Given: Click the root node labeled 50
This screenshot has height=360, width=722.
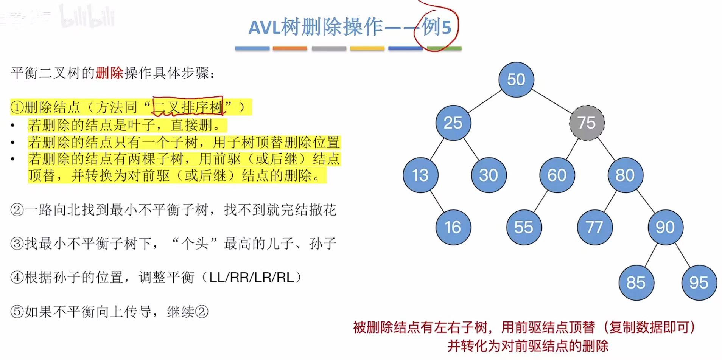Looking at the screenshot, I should click(516, 79).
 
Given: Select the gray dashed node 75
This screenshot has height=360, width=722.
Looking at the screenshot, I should click(587, 123).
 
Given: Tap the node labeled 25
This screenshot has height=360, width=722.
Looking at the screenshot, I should click(453, 123).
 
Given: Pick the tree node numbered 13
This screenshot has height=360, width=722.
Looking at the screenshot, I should click(420, 175).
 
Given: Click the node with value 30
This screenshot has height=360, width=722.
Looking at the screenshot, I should click(488, 175).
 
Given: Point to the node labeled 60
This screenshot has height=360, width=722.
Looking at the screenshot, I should click(557, 175).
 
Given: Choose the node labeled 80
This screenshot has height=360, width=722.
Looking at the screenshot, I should click(625, 175).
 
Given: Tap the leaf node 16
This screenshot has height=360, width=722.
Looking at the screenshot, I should click(453, 227).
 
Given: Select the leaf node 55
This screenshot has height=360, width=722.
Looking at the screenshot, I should click(524, 227).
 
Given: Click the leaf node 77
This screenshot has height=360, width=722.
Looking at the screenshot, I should click(594, 227).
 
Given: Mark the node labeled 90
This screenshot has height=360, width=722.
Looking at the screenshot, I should click(665, 227).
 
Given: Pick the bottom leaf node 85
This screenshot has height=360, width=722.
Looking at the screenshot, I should click(636, 282).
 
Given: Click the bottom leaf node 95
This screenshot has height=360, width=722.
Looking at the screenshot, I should click(699, 282).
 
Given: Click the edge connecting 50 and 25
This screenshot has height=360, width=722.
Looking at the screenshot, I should click(484, 101).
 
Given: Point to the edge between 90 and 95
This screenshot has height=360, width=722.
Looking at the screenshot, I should click(682, 255).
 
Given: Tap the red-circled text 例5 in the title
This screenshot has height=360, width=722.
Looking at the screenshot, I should click(436, 27).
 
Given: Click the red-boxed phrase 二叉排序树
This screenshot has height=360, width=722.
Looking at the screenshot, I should click(188, 107).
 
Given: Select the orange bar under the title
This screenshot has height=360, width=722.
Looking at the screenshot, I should click(289, 48).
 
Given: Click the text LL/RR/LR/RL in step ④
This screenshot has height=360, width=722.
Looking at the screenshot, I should click(251, 278).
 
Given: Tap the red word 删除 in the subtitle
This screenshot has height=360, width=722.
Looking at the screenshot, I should click(109, 73).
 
